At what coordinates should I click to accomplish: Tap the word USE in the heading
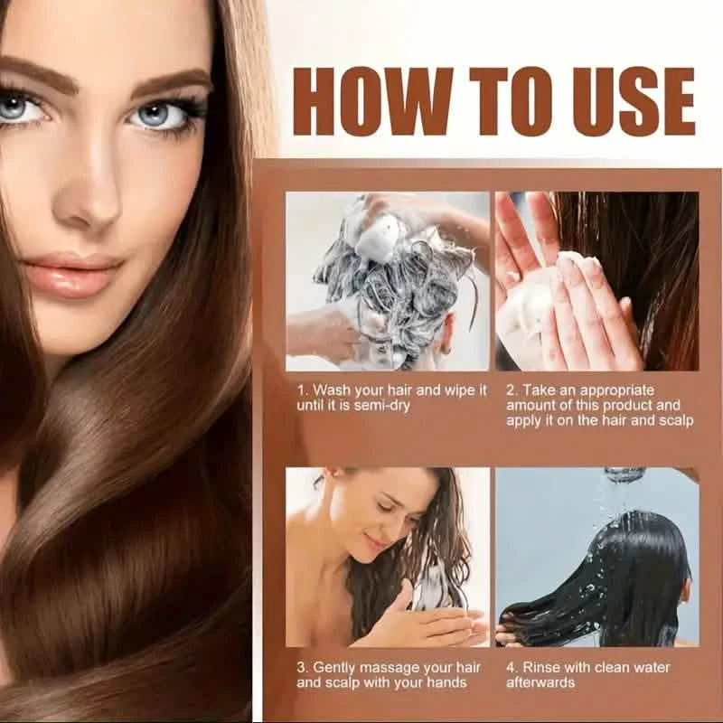pos(623,101)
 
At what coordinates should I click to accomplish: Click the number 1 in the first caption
pos(301,390)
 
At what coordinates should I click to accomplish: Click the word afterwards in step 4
pos(541,683)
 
